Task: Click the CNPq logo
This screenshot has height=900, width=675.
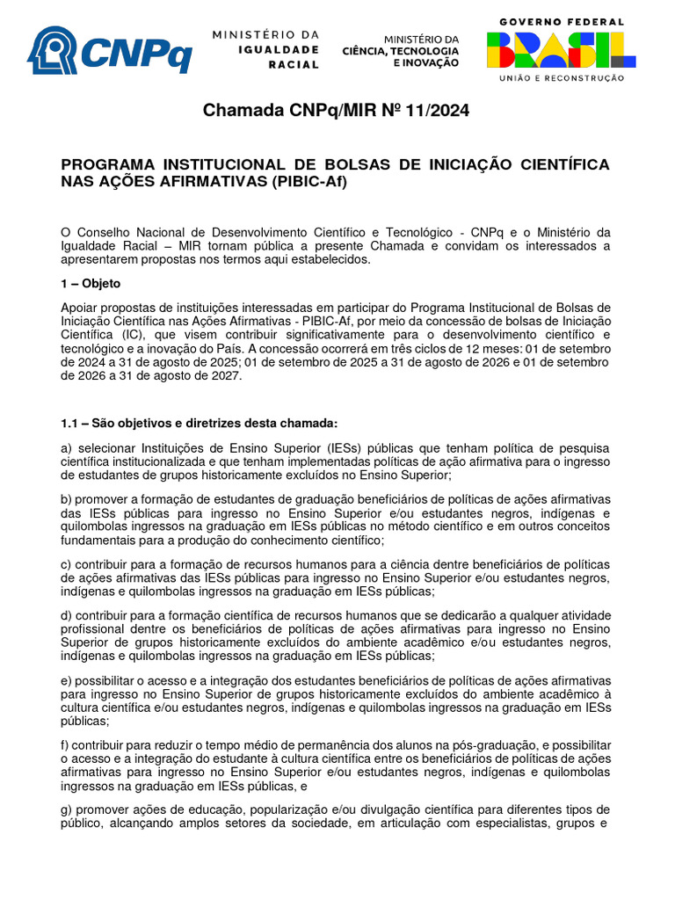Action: click(109, 50)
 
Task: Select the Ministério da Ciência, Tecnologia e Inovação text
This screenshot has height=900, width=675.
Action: click(401, 51)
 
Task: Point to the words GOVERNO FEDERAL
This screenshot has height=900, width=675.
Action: click(562, 21)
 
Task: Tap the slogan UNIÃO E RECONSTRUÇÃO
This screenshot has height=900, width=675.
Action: click(562, 78)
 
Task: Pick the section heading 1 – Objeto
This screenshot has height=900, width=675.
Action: click(91, 284)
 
